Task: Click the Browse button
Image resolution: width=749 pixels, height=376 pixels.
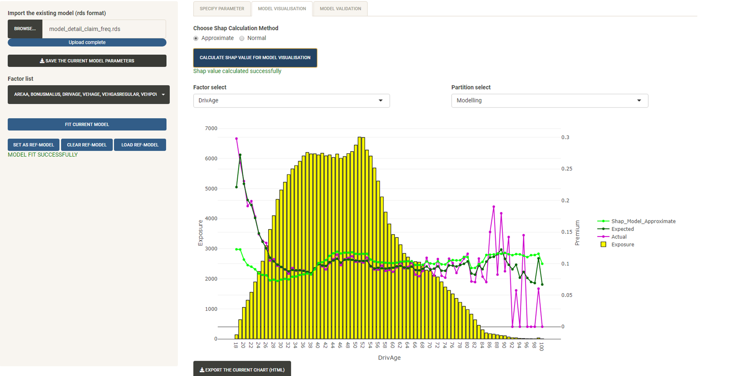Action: [x=25, y=29]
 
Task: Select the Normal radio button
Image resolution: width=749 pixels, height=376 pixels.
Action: [x=242, y=38]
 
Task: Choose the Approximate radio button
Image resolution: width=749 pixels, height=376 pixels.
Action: [x=196, y=38]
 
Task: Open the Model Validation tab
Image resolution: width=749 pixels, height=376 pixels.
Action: [x=340, y=9]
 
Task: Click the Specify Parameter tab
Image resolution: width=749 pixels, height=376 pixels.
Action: [x=222, y=9]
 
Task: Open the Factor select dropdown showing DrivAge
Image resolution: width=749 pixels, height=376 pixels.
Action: [x=291, y=100]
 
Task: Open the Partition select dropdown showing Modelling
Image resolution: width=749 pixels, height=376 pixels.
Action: [x=549, y=100]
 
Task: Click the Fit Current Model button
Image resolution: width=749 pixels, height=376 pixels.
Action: [x=87, y=124]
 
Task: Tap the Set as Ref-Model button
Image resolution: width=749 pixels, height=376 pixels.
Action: [x=33, y=145]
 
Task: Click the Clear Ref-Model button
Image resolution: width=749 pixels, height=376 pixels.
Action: [x=87, y=145]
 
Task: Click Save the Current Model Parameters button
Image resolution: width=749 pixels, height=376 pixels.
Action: [x=87, y=61]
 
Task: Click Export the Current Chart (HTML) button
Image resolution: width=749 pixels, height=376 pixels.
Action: [x=242, y=370]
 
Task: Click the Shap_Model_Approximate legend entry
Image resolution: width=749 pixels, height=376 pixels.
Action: [x=643, y=221]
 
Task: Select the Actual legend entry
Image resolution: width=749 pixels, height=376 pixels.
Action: [x=619, y=237]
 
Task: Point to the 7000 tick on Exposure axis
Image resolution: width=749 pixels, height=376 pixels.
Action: [x=211, y=128]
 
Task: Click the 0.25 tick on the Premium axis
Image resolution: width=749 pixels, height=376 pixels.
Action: [x=567, y=169]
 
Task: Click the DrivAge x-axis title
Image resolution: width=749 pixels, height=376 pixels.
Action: [x=389, y=358]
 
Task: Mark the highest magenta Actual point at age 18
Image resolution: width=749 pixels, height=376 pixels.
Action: [x=236, y=139]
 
